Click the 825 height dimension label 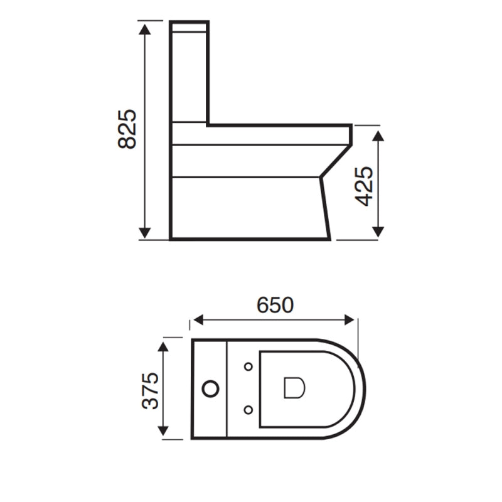point(127,129)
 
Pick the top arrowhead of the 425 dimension point(378,136)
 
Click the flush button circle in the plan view point(211,389)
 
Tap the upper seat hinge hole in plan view point(248,366)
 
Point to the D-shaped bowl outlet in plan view point(294,388)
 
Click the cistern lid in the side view point(190,27)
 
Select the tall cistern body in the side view point(190,75)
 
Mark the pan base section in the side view point(248,207)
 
